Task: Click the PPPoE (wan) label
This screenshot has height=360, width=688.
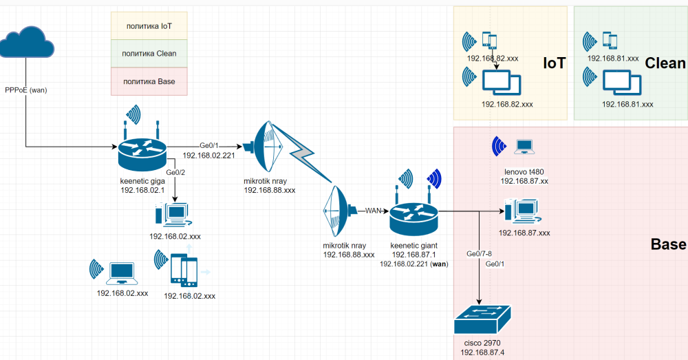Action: click(26, 90)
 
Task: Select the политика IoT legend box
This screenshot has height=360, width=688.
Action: click(149, 26)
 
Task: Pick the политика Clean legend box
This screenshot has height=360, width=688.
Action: click(149, 54)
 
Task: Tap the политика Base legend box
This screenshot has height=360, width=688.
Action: click(149, 81)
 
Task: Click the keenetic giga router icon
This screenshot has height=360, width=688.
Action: click(142, 153)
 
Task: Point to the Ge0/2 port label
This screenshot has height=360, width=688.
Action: click(177, 172)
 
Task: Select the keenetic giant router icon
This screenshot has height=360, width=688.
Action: click(413, 217)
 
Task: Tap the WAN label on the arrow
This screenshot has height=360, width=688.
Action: click(373, 210)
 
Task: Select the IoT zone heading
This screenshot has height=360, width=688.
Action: click(554, 64)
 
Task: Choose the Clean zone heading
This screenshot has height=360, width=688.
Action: click(665, 64)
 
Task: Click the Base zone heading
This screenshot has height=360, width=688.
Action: click(668, 244)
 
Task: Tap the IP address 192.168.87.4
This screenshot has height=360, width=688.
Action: click(484, 352)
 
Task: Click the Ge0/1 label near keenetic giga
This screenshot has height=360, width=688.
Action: click(208, 145)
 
